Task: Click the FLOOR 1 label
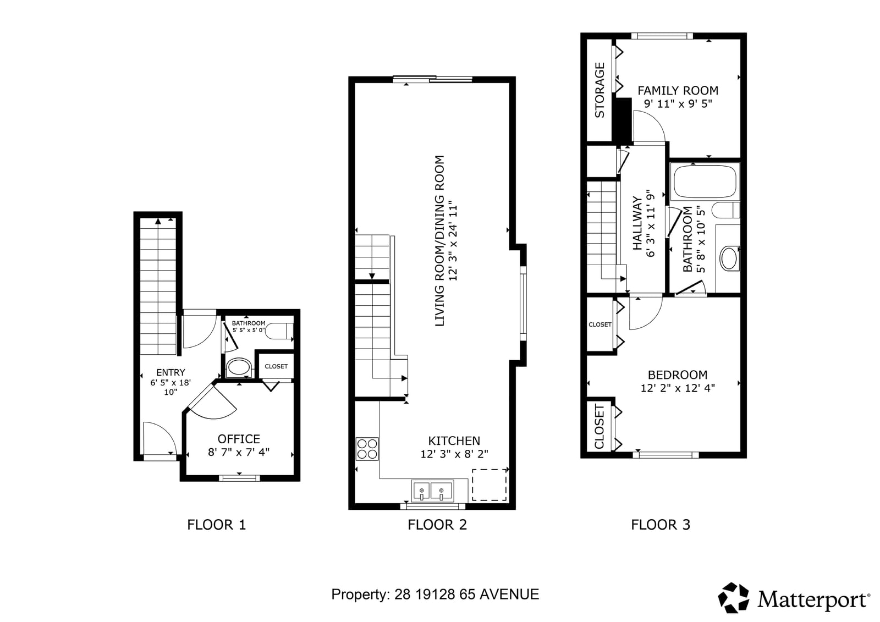216,525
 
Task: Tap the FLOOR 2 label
437,525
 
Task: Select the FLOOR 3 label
661,525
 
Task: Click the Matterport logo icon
733,598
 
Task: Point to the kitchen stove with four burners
367,449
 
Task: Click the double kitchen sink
432,491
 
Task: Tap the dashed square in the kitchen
489,485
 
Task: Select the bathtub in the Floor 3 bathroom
705,181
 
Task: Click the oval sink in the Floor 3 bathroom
729,258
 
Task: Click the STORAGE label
599,90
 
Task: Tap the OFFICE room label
239,439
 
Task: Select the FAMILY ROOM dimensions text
678,104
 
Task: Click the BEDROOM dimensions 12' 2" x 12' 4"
678,388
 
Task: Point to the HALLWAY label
637,224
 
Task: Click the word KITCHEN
454,441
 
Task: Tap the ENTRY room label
170,372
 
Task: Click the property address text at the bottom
435,595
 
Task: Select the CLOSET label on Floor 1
276,366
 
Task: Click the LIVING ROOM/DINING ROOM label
439,240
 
